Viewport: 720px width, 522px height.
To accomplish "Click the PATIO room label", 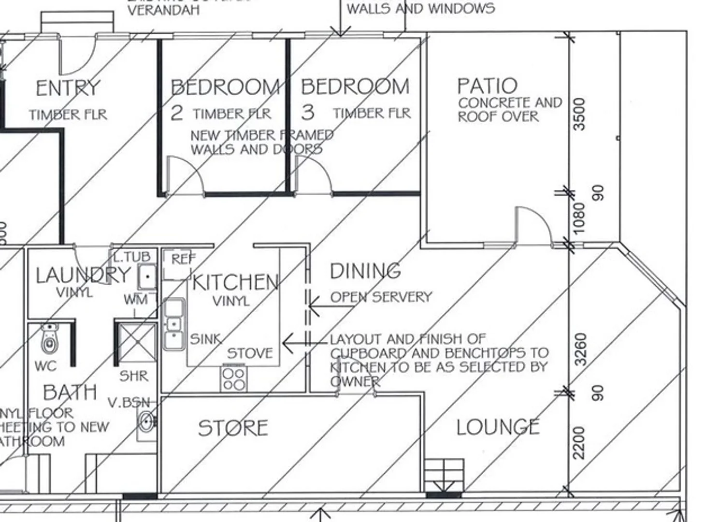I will (487, 86).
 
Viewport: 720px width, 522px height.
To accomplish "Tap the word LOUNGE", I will (498, 427).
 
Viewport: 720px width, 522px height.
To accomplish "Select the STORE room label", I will (233, 428).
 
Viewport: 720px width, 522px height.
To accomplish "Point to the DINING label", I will (365, 271).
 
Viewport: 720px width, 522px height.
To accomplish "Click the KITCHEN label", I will (235, 282).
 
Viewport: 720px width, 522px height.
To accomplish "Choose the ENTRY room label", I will (68, 88).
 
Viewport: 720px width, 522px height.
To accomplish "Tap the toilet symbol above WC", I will (49, 340).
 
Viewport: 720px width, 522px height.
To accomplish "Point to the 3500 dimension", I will (579, 114).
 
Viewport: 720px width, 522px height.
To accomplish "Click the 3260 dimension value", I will (581, 349).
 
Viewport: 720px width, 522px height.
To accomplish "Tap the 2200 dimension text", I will (579, 442).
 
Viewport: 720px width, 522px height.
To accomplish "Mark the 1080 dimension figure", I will (578, 217).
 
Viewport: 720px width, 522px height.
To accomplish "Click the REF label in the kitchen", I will (184, 259).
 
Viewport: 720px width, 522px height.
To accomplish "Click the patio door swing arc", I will (533, 225).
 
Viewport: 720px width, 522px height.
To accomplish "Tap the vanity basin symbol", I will (146, 421).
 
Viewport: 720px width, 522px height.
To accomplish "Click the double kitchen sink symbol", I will (174, 324).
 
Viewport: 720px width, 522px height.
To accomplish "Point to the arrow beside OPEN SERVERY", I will (317, 305).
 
